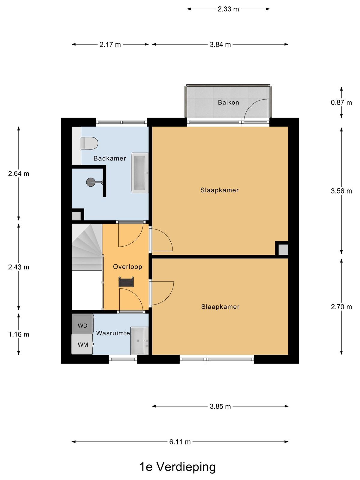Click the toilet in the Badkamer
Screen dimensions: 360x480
pyautogui.click(x=89, y=143)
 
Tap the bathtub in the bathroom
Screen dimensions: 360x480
pyautogui.click(x=140, y=173)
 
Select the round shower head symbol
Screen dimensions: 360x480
pyautogui.click(x=91, y=182)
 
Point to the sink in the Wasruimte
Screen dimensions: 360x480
pyautogui.click(x=139, y=341)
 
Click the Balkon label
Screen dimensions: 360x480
pyautogui.click(x=228, y=102)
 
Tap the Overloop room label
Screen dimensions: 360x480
pyautogui.click(x=128, y=267)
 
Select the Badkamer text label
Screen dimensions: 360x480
pyautogui.click(x=110, y=158)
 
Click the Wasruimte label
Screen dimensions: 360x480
pyautogui.click(x=113, y=333)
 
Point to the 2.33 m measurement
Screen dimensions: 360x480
pyautogui.click(x=228, y=9)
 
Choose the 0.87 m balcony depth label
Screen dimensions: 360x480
pyautogui.click(x=341, y=103)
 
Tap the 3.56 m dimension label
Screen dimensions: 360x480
pyautogui.click(x=341, y=191)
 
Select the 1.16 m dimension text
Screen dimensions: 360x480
pyautogui.click(x=19, y=334)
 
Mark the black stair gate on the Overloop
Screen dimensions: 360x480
pyautogui.click(x=126, y=282)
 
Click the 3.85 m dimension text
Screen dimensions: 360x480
pyautogui.click(x=220, y=406)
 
